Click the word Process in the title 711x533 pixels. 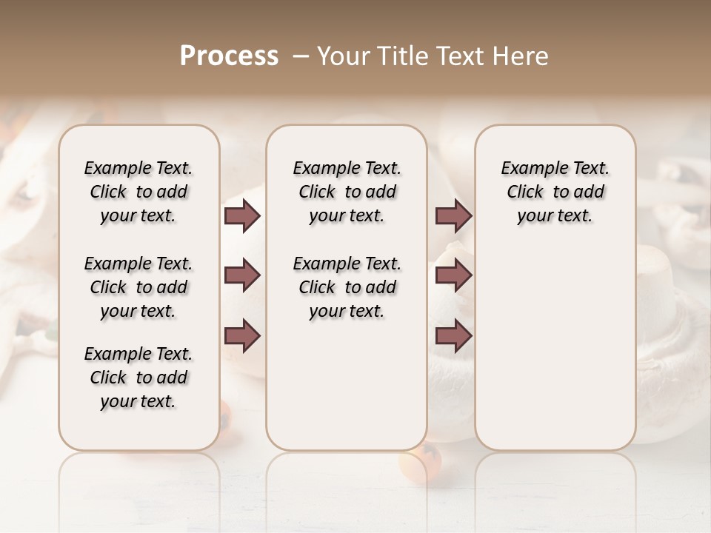[229, 56]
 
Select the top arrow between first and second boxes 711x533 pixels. [242, 215]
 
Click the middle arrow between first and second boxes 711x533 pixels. [242, 275]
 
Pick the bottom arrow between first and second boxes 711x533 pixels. [242, 335]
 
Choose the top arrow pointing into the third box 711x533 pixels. [453, 215]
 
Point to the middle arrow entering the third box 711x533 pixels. [453, 275]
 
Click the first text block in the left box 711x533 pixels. [138, 192]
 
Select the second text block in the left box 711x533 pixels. [138, 287]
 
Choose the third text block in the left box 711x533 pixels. [138, 378]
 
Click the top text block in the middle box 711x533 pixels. [347, 192]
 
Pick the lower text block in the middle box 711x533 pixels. [347, 287]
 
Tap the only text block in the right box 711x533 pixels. [555, 192]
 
